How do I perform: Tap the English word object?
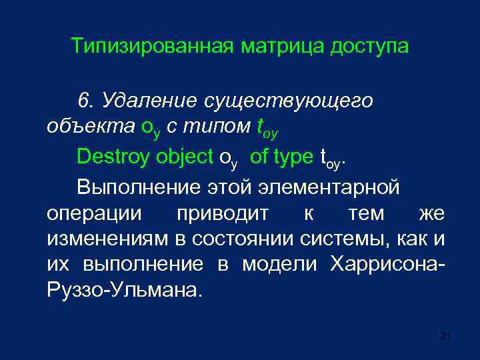pos(185,157)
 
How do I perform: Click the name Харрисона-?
pos(387,264)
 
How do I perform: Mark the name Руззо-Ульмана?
pos(123,291)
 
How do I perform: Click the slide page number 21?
pos(446,337)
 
